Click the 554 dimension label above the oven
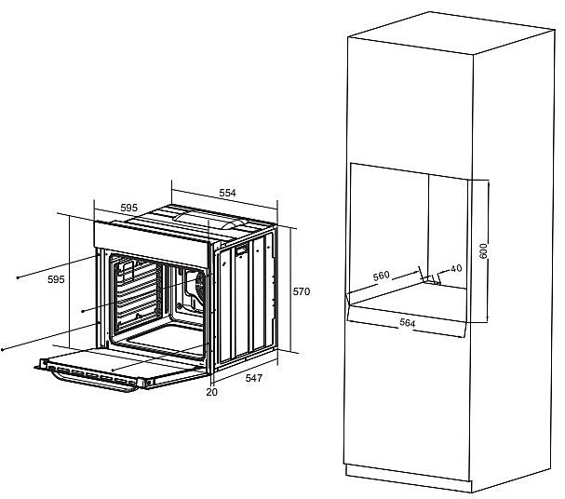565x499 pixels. tap(227, 193)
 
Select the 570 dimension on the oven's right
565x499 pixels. tap(302, 291)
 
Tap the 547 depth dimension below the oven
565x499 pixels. tap(254, 378)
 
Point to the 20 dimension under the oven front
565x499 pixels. tap(212, 392)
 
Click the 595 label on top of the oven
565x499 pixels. tap(129, 208)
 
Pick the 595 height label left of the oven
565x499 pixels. tap(56, 279)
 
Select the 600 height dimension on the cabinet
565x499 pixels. tap(483, 250)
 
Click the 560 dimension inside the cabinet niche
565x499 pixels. tap(382, 276)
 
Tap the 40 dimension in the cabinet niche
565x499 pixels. tap(456, 268)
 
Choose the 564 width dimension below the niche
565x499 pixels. tap(408, 323)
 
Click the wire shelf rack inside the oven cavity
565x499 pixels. tap(136, 293)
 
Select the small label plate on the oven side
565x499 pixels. tap(241, 249)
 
